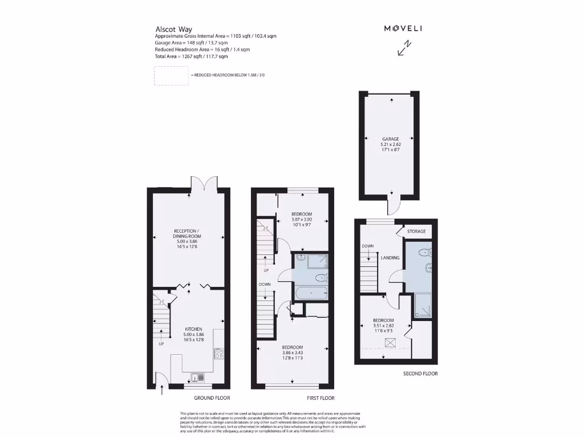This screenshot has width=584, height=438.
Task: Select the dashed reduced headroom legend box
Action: (171, 75)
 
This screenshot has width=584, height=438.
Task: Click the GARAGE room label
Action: (390, 139)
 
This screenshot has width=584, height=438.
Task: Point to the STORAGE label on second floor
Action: (416, 232)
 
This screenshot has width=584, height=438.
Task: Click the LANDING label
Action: (390, 258)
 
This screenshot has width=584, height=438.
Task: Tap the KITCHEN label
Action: (193, 329)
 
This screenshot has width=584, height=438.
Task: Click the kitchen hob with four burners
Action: (218, 354)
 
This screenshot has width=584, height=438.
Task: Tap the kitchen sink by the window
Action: (197, 376)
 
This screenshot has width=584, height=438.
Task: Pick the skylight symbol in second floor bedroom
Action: (391, 342)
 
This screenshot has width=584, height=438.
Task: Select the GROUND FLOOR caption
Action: (212, 398)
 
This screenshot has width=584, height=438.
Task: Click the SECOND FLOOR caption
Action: (420, 374)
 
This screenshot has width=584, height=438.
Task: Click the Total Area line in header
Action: (191, 56)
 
